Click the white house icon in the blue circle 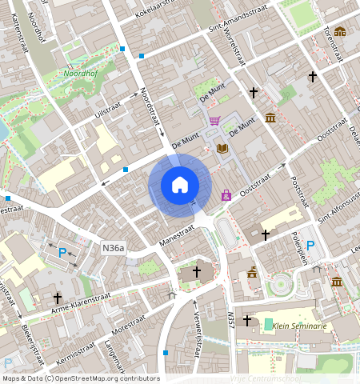point(180,185)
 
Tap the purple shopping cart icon point(214,121)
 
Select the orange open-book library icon point(222,148)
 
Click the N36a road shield point(113,249)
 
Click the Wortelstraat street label point(238,51)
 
